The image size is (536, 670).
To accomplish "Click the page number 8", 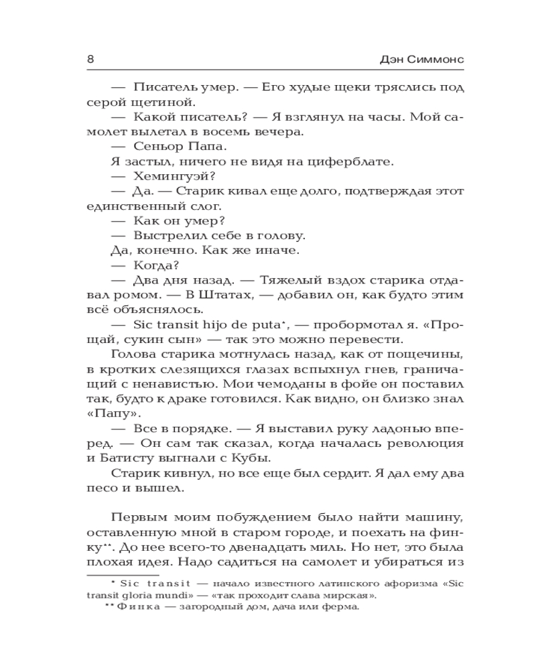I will click(x=90, y=59).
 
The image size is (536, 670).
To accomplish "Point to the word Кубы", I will click(x=252, y=458).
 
